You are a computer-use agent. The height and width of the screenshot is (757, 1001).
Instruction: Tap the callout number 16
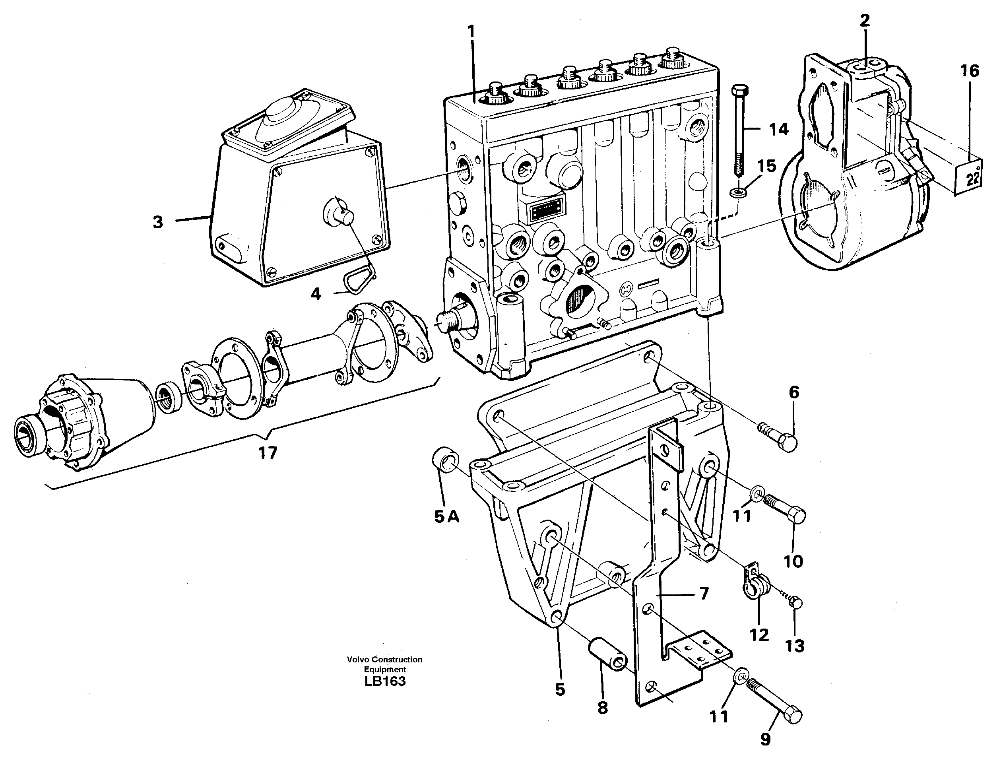pyautogui.click(x=970, y=71)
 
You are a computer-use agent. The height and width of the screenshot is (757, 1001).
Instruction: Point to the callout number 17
pyautogui.click(x=268, y=452)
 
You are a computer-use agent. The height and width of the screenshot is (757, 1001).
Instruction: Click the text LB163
pyautogui.click(x=385, y=681)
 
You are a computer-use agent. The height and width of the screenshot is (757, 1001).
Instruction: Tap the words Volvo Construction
pyautogui.click(x=385, y=660)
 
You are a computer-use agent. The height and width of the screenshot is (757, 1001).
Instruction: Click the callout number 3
pyautogui.click(x=157, y=222)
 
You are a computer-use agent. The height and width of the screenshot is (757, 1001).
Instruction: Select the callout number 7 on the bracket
pyautogui.click(x=704, y=593)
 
